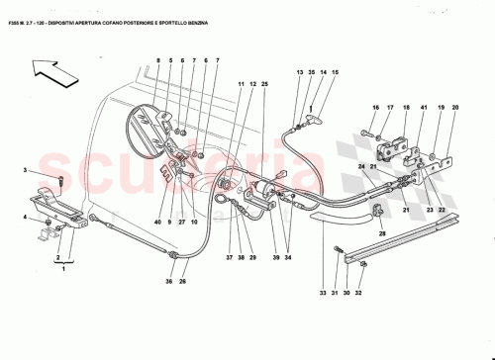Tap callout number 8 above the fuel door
point(157,62)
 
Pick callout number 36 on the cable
point(169,282)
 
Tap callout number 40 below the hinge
point(156,224)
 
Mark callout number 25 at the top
point(264,86)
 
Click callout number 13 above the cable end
point(299,73)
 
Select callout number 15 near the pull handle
point(335,73)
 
